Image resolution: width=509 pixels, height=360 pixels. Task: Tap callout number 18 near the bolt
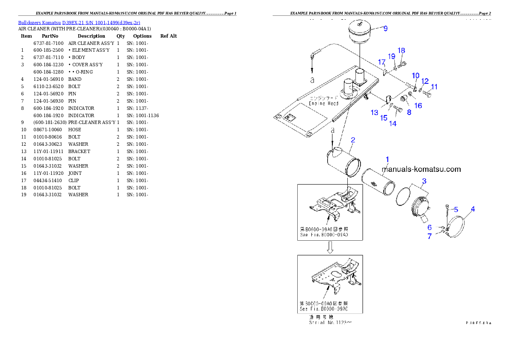(401, 50)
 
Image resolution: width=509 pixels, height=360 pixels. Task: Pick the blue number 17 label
(382, 62)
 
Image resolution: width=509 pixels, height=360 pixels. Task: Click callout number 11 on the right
(434, 87)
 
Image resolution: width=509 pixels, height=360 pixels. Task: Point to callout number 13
(374, 112)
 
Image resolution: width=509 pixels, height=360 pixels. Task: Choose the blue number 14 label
(392, 124)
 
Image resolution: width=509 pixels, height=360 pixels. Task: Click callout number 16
(418, 106)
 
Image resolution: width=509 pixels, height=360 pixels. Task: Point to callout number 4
(473, 209)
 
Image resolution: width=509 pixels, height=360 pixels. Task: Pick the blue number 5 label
(456, 210)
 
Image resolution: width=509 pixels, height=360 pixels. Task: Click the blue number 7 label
(429, 236)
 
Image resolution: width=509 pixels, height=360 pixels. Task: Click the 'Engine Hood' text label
(323, 103)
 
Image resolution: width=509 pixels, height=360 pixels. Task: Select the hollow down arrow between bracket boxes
(330, 247)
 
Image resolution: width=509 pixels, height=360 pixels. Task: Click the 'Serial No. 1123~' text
(330, 323)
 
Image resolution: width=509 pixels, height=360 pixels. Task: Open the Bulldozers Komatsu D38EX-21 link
(79, 22)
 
